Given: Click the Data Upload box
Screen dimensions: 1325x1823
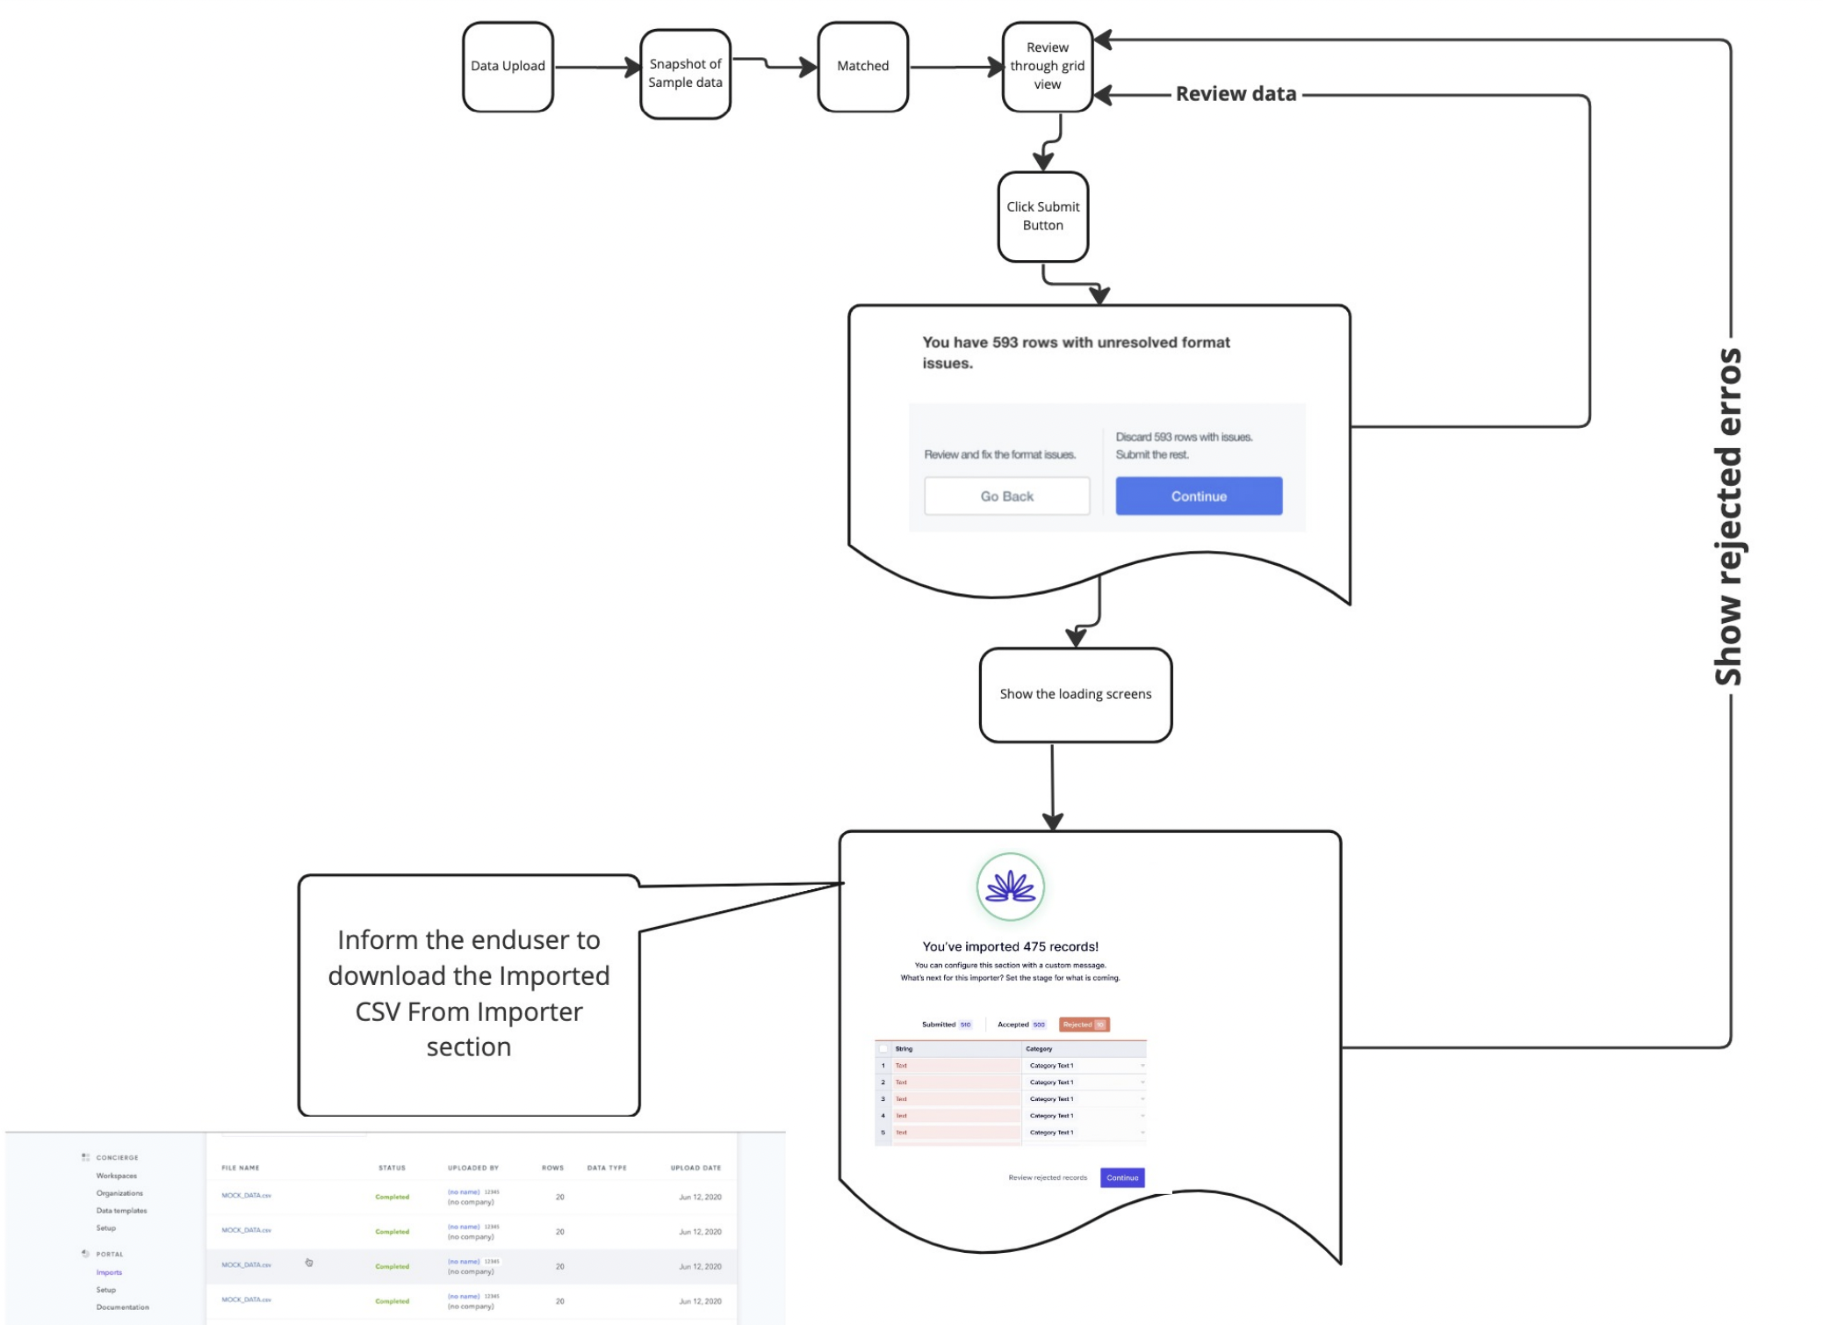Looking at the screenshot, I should point(508,67).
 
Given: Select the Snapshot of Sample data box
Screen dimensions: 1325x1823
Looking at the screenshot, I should point(685,74).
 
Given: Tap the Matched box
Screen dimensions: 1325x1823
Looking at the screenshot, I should point(862,67).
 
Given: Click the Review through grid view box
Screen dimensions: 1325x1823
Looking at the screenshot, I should point(1047,67).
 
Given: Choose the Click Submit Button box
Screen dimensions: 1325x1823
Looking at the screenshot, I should point(1042,216).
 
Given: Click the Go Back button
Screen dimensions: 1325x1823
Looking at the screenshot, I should point(1006,496).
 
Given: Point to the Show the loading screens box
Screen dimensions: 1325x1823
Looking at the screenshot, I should point(1075,694).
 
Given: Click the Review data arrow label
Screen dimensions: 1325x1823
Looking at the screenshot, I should point(1235,94).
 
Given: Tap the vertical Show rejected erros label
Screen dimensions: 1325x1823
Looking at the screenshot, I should point(1728,517).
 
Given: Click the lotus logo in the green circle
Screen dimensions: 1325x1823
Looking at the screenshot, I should point(1010,887).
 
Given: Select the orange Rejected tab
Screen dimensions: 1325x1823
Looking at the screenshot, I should point(1084,1025).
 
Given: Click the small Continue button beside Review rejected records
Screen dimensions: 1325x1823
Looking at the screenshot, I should point(1121,1177).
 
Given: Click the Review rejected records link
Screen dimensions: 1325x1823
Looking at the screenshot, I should point(1047,1177).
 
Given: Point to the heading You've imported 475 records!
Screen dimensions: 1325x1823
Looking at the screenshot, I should point(1010,946).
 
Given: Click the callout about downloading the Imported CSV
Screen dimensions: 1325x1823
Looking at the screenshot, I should point(468,994).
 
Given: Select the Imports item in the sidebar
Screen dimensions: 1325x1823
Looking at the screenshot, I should point(109,1272).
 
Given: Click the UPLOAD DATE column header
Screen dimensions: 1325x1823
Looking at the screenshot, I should point(695,1168).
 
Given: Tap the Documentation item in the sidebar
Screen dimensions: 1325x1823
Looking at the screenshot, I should point(122,1307).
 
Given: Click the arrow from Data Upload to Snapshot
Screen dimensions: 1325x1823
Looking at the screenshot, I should point(597,67).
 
